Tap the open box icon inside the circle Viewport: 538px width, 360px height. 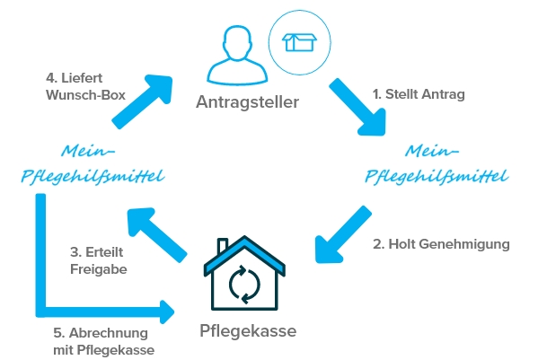299,42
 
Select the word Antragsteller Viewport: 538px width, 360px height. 247,101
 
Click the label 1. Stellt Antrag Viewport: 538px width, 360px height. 419,94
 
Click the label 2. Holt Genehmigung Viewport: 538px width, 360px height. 441,244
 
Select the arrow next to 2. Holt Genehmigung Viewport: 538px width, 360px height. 342,235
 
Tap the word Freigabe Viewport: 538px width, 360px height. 99,269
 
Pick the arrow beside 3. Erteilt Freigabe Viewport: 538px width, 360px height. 156,235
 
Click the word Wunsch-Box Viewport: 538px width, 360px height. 85,95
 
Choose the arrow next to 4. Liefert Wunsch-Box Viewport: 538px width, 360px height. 143,101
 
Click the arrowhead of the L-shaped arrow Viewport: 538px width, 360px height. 167,312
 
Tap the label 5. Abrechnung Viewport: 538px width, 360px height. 101,333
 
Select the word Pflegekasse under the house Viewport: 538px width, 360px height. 248,331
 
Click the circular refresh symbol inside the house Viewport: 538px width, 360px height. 244,285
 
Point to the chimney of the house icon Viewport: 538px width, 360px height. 223,245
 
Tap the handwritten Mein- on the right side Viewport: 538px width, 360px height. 432,151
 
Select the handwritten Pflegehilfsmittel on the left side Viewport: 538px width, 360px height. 93,177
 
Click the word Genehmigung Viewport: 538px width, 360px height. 464,244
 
